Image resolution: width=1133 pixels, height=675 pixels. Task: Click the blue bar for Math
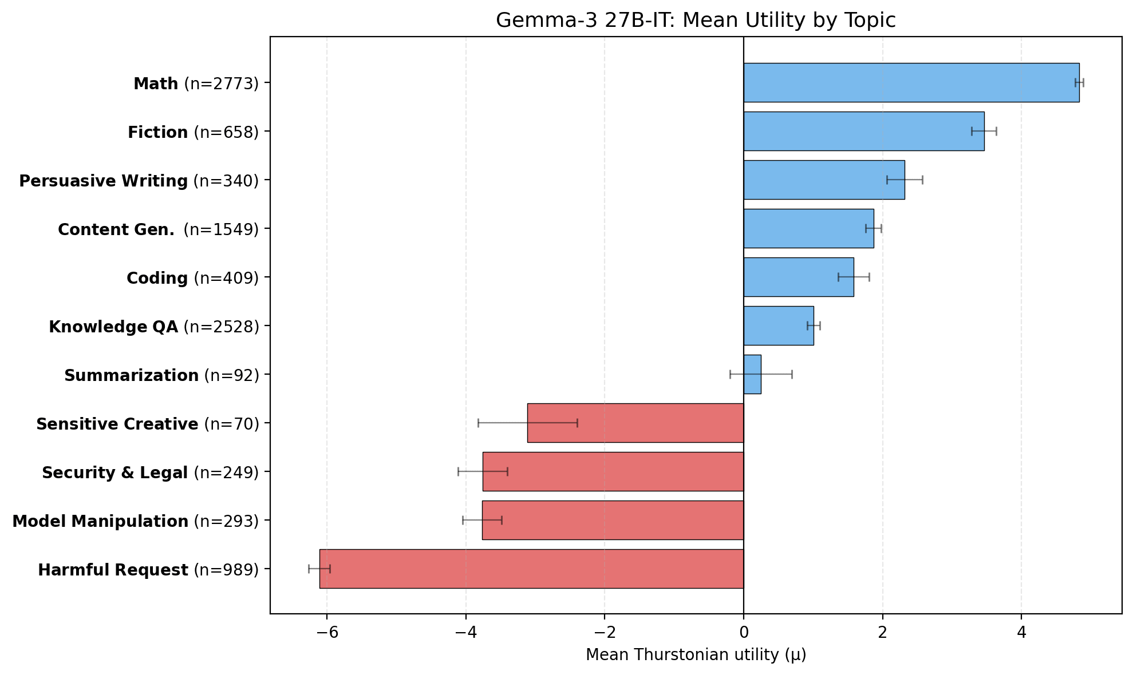click(911, 83)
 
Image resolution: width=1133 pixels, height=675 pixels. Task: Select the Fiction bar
click(863, 132)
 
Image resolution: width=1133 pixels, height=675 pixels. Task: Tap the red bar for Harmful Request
click(531, 569)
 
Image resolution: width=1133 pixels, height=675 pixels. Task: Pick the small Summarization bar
click(752, 375)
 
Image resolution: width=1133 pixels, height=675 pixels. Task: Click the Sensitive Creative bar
click(635, 423)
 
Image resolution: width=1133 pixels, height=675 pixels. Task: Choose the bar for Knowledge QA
click(778, 326)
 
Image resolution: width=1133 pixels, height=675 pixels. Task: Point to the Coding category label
click(157, 279)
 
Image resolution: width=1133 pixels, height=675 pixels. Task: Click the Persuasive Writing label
click(104, 181)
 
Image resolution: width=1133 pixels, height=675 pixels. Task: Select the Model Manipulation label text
click(100, 522)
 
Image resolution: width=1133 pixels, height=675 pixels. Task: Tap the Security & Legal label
click(115, 473)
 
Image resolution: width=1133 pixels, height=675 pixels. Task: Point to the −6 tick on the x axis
click(326, 633)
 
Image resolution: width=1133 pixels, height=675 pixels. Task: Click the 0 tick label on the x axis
click(743, 633)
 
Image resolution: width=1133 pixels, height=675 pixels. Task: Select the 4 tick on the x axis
click(1021, 633)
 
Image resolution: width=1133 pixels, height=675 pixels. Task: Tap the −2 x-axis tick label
click(604, 633)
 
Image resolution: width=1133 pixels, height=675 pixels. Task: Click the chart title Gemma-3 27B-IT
click(695, 21)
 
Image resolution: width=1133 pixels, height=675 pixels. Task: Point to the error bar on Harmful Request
click(319, 569)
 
